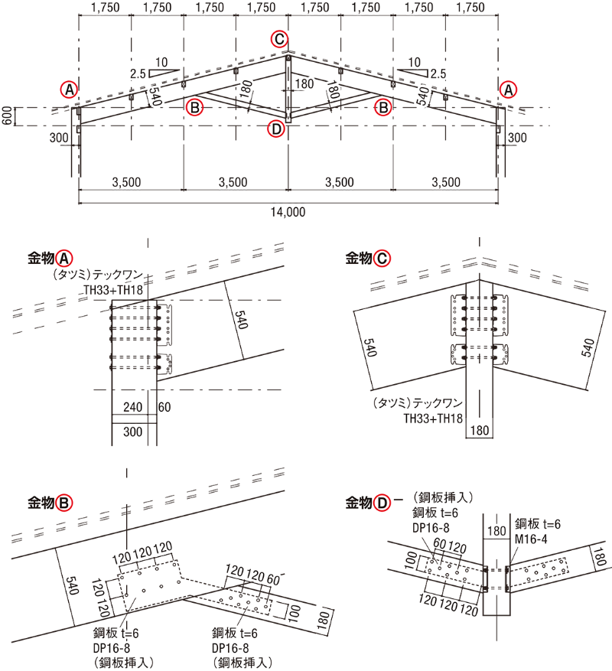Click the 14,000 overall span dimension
point(288,212)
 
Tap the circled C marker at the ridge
point(279,39)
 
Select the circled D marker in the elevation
point(276,129)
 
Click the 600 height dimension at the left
point(7,116)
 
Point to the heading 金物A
point(50,258)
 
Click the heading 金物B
point(50,503)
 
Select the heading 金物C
point(368,258)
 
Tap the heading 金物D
point(368,503)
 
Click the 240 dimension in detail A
point(132,406)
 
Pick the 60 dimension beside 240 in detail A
point(164,406)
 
